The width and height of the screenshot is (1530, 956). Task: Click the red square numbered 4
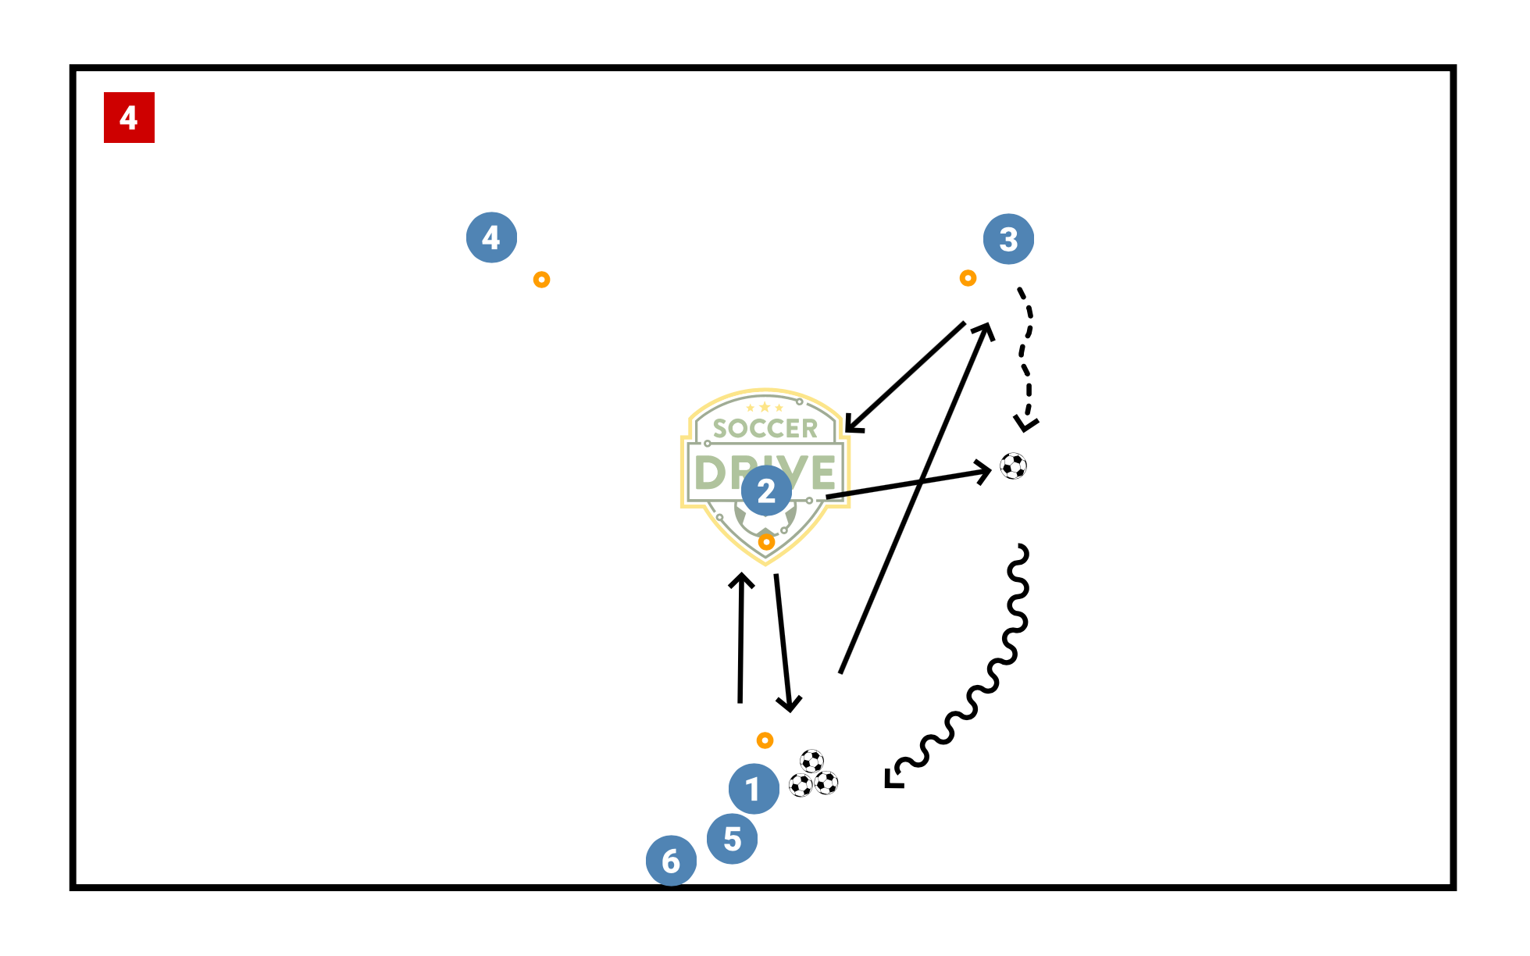click(x=129, y=117)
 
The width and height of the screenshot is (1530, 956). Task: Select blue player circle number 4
click(x=491, y=237)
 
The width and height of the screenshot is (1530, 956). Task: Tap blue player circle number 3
click(x=1008, y=239)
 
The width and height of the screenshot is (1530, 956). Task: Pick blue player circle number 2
click(x=766, y=490)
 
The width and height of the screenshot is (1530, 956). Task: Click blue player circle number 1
click(x=754, y=789)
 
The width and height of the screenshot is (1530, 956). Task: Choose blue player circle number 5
click(x=732, y=839)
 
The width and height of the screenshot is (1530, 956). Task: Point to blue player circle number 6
click(x=671, y=861)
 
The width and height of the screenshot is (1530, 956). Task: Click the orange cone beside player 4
click(x=541, y=280)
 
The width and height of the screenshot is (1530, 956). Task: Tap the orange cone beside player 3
click(x=968, y=278)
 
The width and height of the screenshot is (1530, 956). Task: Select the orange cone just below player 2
click(x=766, y=541)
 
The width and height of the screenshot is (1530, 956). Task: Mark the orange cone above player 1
click(x=765, y=740)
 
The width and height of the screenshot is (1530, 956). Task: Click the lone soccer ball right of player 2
click(x=1013, y=466)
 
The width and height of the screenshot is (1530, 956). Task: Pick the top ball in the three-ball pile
click(x=811, y=761)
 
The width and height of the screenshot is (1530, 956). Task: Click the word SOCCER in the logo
click(x=765, y=429)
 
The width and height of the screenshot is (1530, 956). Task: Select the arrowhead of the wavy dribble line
click(x=891, y=779)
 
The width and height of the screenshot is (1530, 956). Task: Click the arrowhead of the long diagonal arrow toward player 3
click(x=986, y=329)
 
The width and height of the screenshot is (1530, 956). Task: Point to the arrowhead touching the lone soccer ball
click(x=985, y=471)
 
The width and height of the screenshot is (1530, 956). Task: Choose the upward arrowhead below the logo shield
click(x=741, y=580)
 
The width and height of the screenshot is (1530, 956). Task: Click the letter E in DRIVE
click(x=823, y=473)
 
